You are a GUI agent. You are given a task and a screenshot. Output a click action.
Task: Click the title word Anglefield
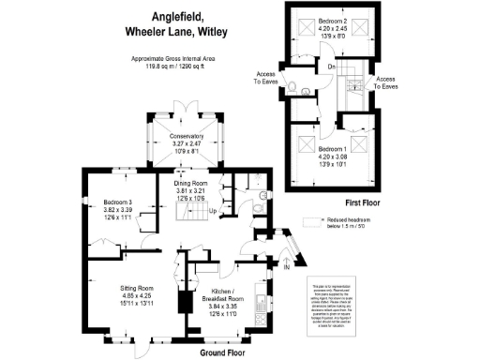[x=179, y=16]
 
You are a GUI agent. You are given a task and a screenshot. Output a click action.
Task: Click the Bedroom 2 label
[x=332, y=20]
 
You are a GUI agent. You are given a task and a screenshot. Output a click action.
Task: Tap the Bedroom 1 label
[x=332, y=150]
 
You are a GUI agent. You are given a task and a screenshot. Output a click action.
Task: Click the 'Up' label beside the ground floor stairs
[x=213, y=210]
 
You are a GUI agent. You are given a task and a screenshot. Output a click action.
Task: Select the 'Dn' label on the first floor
[x=332, y=67]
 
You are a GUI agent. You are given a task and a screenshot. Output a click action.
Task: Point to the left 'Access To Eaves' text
[x=265, y=76]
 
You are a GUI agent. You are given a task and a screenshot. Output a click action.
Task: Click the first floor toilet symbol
[x=294, y=90]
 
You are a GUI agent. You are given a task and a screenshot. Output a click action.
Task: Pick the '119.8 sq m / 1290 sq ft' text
[x=174, y=67]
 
